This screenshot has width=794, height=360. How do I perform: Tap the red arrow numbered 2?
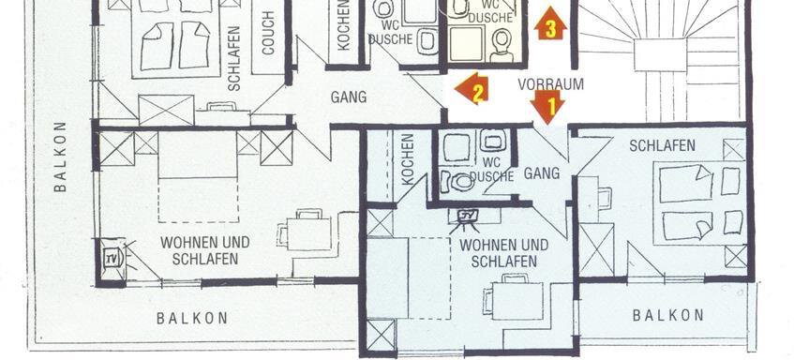point(472,89)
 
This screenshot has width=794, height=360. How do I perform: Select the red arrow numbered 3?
point(551,23)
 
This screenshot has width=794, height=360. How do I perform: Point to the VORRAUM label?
point(550,84)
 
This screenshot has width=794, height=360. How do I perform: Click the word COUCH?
point(268,33)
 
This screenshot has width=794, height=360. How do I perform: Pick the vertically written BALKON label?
point(60,157)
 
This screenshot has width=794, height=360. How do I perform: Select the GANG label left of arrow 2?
point(349,97)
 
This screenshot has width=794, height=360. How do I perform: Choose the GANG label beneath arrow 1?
point(542,173)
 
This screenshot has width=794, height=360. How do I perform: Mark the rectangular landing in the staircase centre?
point(660,54)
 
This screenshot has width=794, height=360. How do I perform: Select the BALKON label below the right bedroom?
point(668,315)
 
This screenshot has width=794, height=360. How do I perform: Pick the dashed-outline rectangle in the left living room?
point(198,200)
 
